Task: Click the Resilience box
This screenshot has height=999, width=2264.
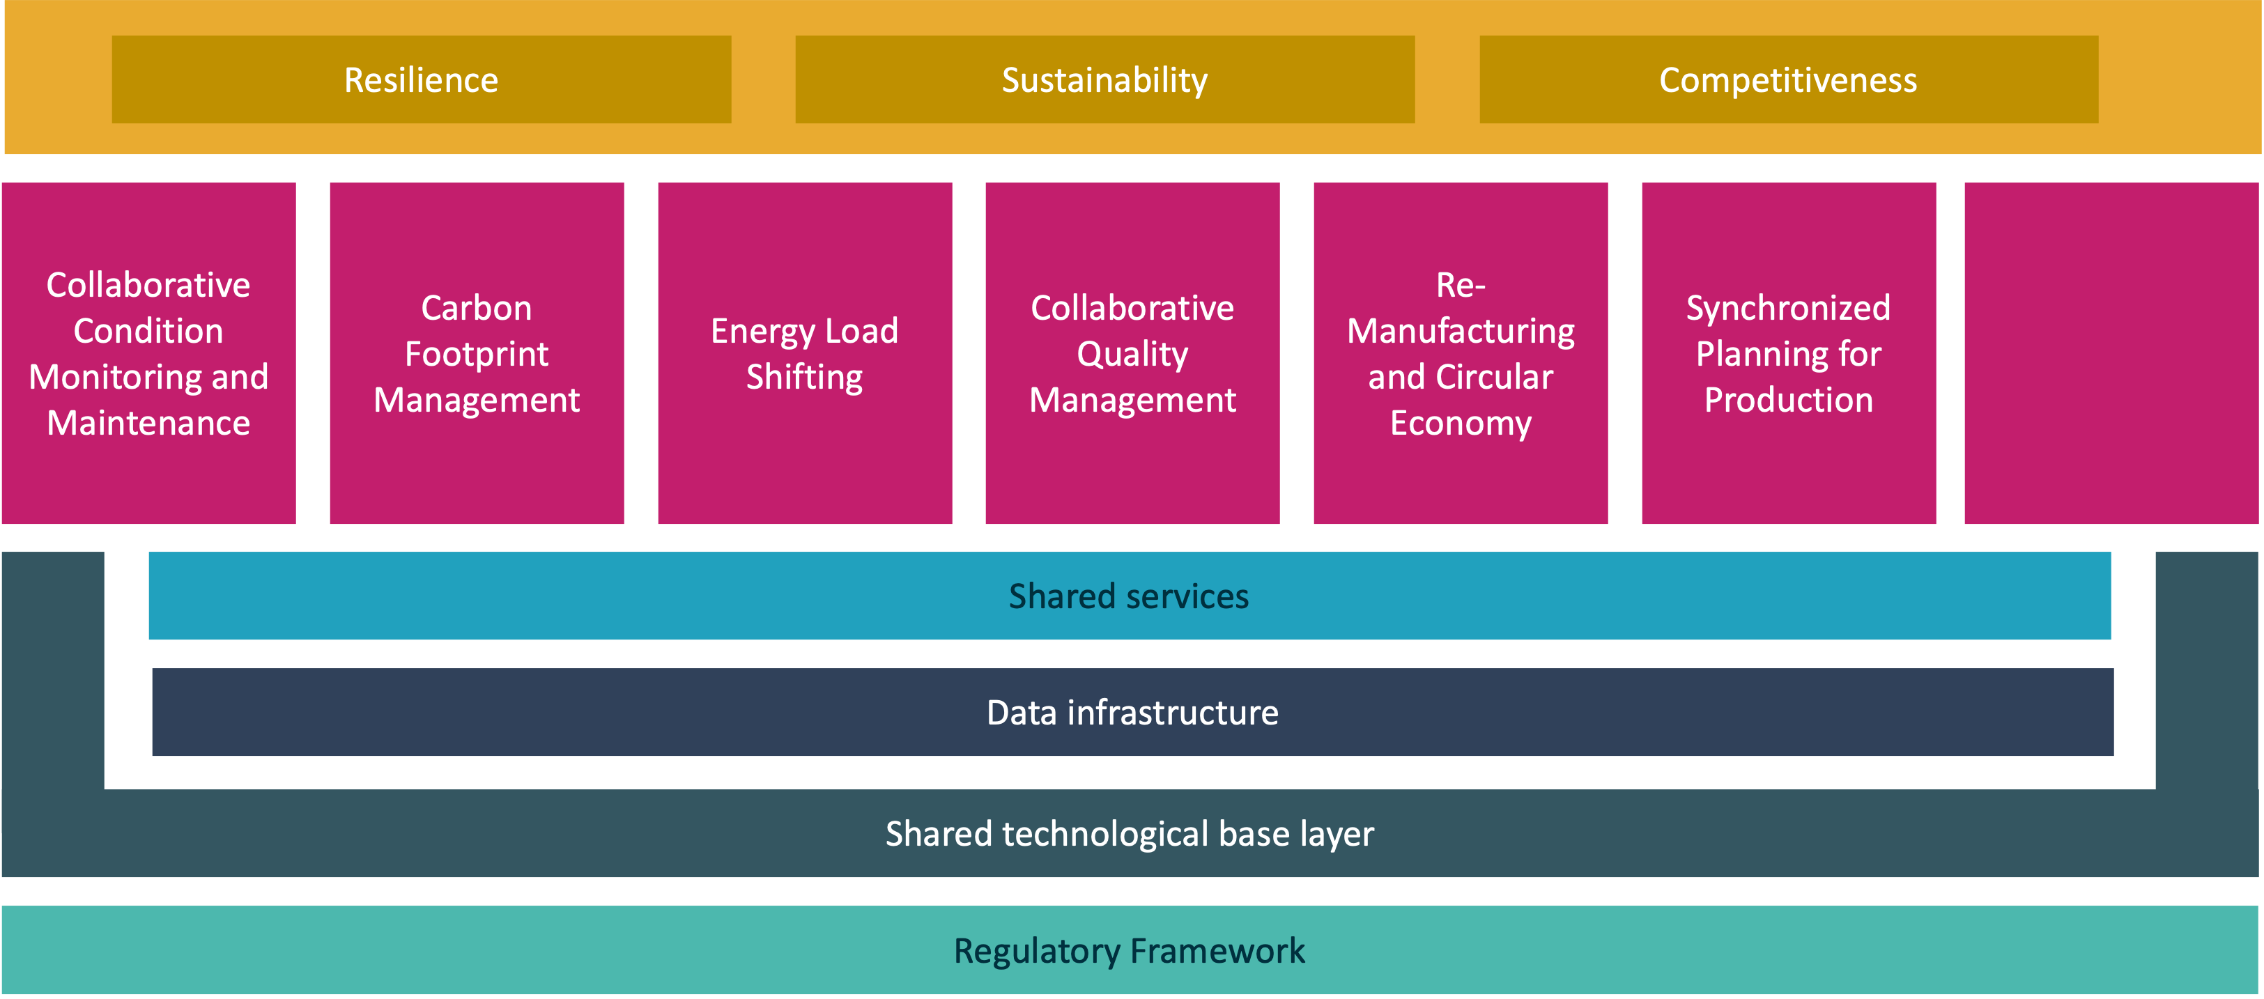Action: [x=421, y=80]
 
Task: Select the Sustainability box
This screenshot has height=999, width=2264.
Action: [x=1104, y=80]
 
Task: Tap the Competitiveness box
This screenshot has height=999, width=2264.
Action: [x=1789, y=80]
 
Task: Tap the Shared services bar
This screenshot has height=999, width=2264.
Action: [x=1130, y=596]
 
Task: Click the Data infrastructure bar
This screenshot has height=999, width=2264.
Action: [x=1132, y=713]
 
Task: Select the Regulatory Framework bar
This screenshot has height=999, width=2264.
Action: [x=1130, y=951]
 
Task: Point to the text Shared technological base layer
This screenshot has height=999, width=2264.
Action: [x=1130, y=834]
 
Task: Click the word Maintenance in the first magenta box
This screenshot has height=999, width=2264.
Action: [x=148, y=424]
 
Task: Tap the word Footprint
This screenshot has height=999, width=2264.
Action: [x=477, y=354]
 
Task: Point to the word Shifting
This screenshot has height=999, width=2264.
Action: [x=804, y=377]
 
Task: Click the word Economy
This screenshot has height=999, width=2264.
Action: [x=1461, y=424]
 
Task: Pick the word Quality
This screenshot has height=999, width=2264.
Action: [x=1132, y=354]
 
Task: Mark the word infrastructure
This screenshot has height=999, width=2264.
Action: [x=1173, y=713]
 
